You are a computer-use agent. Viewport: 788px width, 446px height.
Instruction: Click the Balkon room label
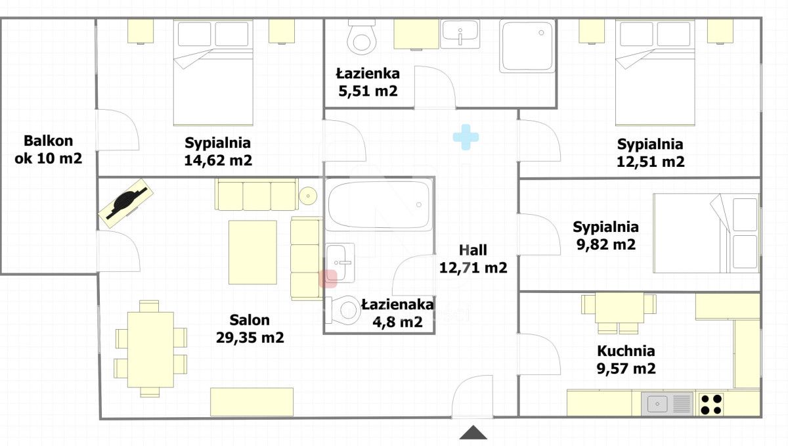(48, 141)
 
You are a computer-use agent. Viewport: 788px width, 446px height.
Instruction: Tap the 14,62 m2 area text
(219, 160)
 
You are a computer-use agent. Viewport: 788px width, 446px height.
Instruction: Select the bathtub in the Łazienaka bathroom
(379, 204)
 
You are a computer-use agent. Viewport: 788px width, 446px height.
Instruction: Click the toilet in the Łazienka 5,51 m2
(361, 37)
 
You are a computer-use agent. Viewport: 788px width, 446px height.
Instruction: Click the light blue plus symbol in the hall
(466, 137)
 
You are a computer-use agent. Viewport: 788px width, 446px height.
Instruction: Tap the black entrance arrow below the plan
(473, 432)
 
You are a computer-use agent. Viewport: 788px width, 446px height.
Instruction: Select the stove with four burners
(710, 403)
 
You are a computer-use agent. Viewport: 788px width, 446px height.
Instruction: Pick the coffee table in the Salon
(252, 252)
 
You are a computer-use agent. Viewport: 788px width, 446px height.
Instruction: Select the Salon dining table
(150, 349)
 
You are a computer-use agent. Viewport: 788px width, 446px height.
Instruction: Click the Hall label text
(473, 250)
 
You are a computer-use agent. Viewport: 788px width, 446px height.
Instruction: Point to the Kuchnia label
(625, 351)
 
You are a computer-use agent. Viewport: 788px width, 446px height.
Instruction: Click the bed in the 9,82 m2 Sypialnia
(706, 233)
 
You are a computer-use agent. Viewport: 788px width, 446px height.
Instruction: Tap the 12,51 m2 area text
(650, 162)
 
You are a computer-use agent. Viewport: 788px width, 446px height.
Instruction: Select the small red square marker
(328, 279)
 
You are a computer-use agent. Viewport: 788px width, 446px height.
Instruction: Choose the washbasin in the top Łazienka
(460, 33)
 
